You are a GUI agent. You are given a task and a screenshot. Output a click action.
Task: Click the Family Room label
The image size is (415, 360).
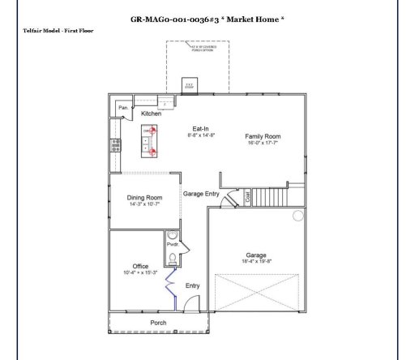(263, 136)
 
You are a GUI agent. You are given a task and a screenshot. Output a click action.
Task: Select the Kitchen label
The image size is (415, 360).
(152, 114)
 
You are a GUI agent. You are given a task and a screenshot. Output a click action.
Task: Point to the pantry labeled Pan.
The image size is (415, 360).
(123, 107)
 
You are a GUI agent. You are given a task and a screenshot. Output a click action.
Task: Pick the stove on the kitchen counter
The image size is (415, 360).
(116, 145)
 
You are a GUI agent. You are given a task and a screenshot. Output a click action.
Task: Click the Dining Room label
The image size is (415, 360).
(144, 197)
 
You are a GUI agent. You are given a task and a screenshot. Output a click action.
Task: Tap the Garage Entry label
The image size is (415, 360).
(201, 194)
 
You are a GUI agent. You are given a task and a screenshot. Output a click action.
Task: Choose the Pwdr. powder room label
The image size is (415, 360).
(172, 243)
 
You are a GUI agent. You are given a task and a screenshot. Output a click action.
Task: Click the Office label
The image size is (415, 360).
(140, 266)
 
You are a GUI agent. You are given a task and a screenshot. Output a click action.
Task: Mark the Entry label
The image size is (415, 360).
(193, 285)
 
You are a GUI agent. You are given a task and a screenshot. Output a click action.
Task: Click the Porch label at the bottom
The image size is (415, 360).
(159, 322)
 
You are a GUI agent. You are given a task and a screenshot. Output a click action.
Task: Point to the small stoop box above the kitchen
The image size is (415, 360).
(188, 84)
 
